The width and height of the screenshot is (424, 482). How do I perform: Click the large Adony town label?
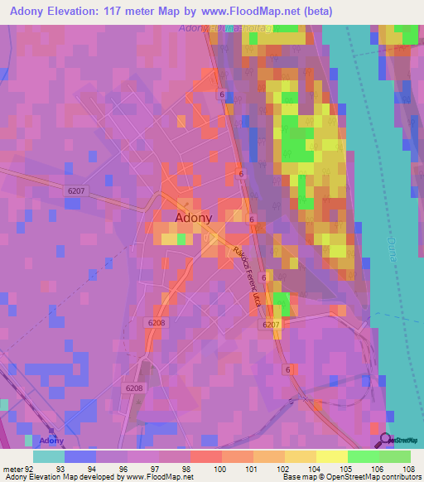194,218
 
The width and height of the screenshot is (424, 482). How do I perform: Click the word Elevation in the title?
84,11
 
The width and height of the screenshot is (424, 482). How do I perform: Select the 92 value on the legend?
31,468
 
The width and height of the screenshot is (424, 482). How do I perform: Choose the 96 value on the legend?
124,468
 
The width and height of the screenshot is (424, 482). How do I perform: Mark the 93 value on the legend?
60,468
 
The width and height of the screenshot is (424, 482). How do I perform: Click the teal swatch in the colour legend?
49,455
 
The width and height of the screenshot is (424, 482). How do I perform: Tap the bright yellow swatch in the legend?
331,455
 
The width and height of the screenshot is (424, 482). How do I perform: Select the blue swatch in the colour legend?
80,455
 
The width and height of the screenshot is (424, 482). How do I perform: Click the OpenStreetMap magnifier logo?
383,440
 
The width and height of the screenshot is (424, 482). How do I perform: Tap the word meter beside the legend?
12,468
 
